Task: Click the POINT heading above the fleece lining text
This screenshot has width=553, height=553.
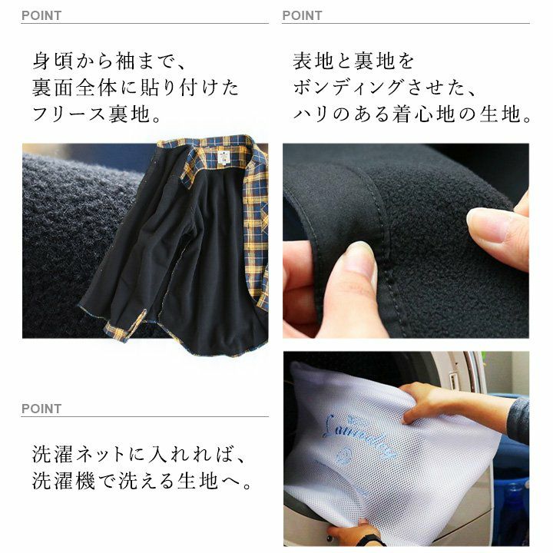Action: [x=41, y=15]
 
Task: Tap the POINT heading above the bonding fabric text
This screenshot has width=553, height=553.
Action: [x=303, y=15]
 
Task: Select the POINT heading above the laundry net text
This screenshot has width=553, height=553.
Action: [x=41, y=409]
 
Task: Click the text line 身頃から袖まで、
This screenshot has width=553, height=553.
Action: [x=109, y=61]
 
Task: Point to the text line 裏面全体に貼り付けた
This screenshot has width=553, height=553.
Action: [x=136, y=88]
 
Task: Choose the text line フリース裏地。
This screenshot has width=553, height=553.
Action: [x=97, y=114]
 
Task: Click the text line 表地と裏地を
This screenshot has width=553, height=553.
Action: [x=353, y=61]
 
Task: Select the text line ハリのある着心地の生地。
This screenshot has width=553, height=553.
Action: [x=412, y=114]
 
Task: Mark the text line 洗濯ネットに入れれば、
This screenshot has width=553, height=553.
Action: [x=138, y=454]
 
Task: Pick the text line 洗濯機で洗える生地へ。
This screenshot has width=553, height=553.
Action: [x=142, y=481]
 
